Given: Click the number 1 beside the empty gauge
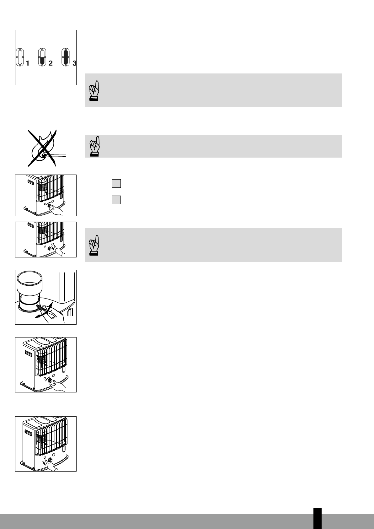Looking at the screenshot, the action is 28,63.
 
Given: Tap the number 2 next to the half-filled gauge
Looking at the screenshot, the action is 51,63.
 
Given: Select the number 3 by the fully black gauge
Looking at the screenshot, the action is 74,63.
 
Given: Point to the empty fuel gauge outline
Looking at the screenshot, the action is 20,57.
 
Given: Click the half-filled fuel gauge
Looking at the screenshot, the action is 42,57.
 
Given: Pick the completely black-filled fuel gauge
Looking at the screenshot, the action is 66,57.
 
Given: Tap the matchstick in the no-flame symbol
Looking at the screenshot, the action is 54,155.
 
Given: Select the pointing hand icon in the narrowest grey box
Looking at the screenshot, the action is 95,146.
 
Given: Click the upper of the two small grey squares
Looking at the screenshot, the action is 116,183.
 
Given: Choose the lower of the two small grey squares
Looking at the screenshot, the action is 116,200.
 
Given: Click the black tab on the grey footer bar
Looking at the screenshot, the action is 318,518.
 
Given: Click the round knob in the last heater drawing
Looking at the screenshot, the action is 50,460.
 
